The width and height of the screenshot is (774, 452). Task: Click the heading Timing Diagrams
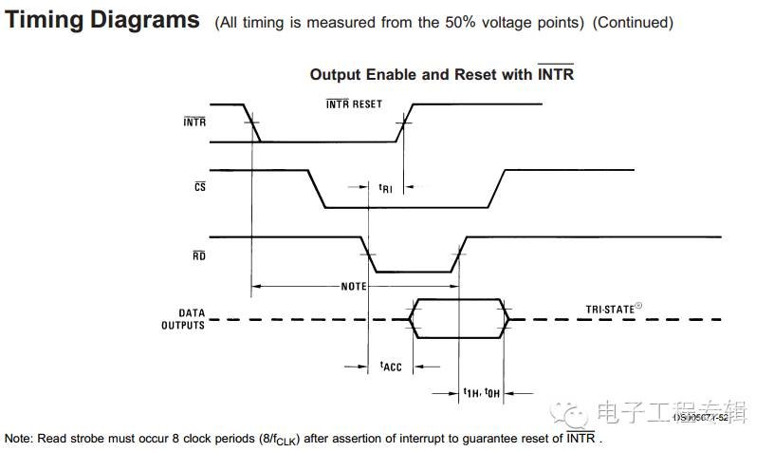102,20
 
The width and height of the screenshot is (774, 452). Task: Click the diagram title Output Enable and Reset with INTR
442,74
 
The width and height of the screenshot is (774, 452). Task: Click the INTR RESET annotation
354,104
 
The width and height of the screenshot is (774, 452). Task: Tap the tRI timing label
385,188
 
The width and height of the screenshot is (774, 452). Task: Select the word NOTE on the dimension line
354,286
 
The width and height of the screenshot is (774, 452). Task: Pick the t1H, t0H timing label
482,393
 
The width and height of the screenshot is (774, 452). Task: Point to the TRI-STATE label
615,309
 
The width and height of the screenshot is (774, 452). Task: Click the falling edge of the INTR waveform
251,122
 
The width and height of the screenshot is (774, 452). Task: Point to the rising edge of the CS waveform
496,188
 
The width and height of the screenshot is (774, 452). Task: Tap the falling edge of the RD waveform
367,254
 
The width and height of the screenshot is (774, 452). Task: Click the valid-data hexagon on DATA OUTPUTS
459,319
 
